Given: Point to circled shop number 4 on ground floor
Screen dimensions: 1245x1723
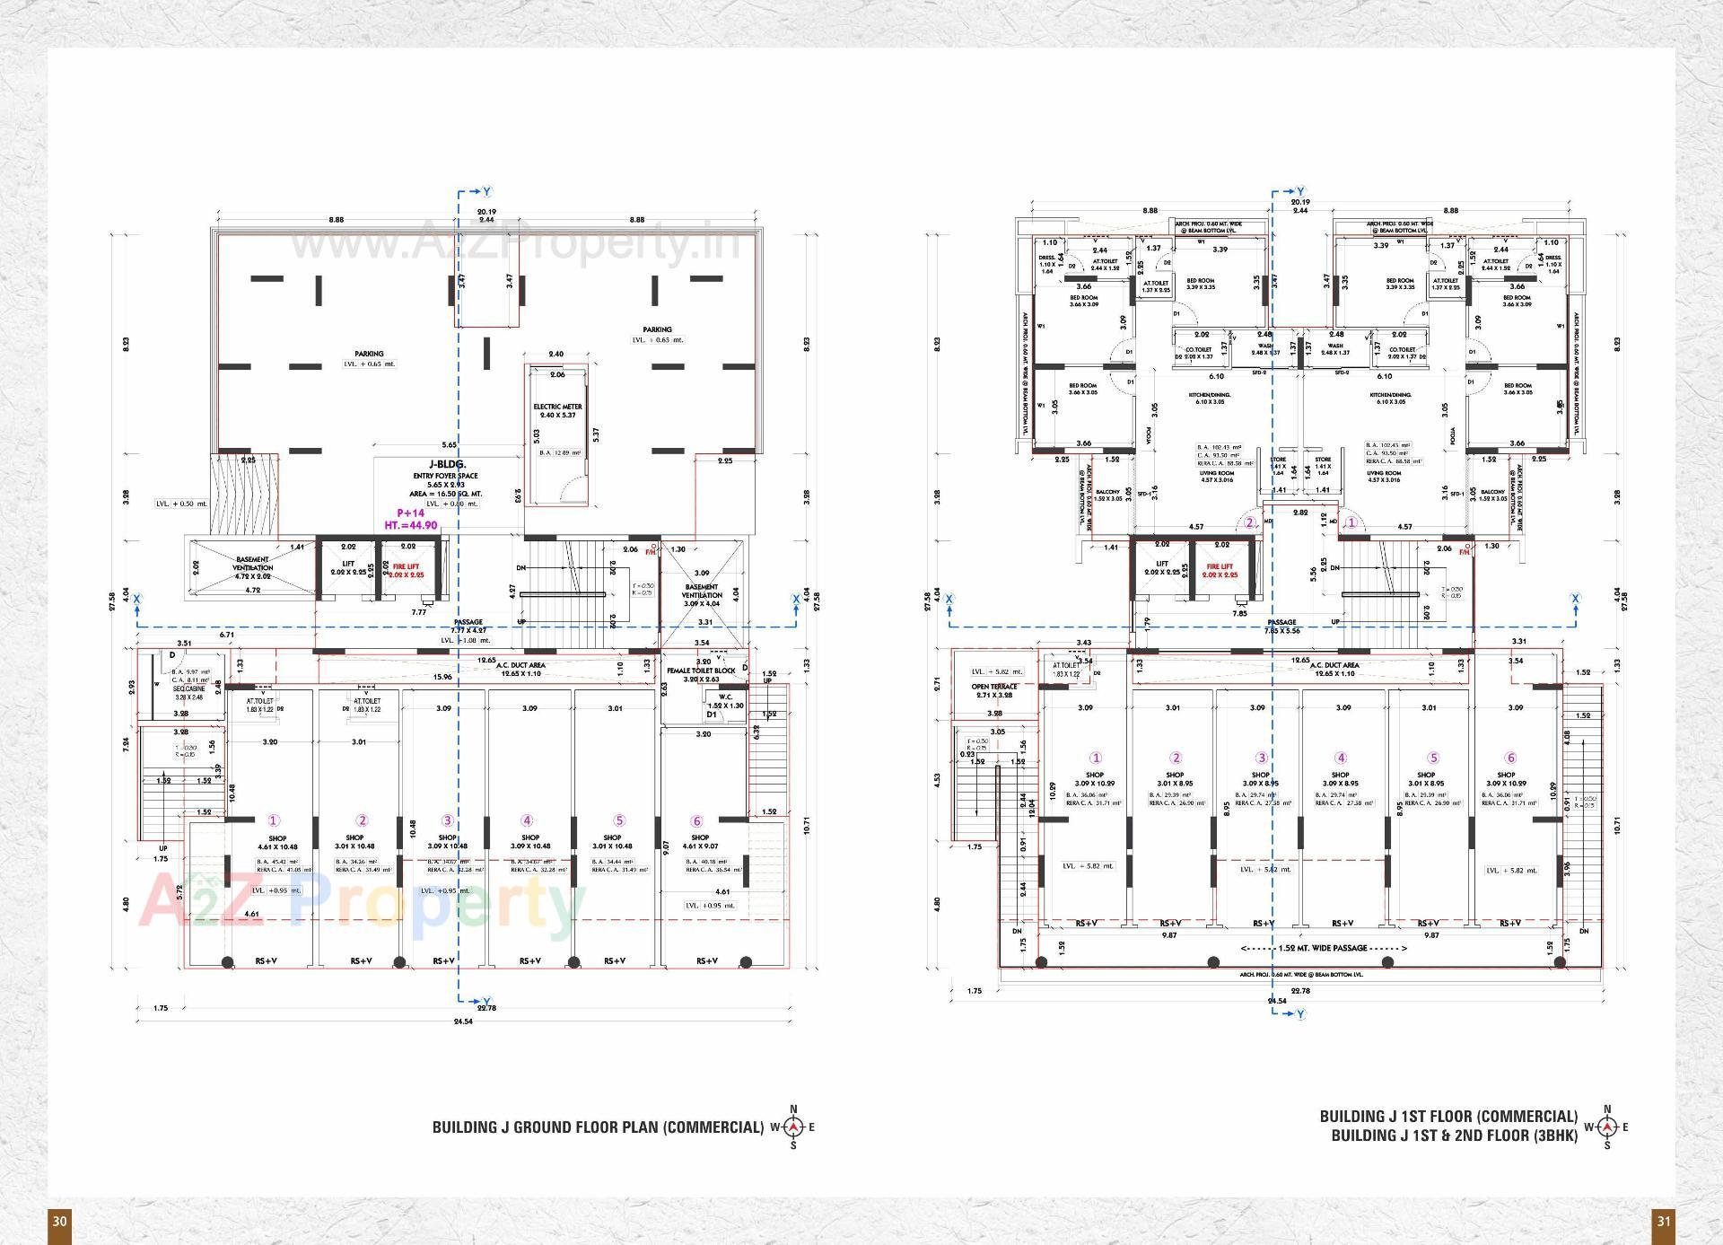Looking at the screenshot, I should point(527,820).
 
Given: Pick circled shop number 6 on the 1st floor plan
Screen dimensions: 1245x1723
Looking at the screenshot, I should point(1510,758).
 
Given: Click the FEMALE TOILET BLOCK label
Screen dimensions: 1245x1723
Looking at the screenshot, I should point(701,671).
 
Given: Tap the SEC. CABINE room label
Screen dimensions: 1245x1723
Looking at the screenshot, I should point(188,688).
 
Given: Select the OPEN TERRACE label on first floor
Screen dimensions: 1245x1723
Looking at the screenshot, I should point(993,687).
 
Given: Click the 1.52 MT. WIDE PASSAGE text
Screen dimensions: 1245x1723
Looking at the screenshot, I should point(1324,948).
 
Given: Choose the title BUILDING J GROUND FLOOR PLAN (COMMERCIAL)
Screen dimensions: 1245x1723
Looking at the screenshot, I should point(598,1127).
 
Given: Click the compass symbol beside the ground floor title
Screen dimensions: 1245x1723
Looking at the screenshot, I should point(793,1127).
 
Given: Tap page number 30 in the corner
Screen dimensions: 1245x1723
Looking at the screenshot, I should point(59,1221).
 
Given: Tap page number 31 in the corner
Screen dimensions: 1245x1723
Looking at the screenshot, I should point(1663,1221).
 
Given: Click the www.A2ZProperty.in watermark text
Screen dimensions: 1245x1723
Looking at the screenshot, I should point(515,243).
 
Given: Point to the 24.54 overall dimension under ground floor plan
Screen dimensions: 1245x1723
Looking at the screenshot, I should point(462,1021).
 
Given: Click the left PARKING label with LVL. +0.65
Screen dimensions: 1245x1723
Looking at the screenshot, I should point(369,354).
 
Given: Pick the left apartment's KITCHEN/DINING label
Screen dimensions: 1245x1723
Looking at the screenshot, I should point(1210,395).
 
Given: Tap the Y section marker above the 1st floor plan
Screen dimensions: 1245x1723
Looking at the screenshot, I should point(1300,192).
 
